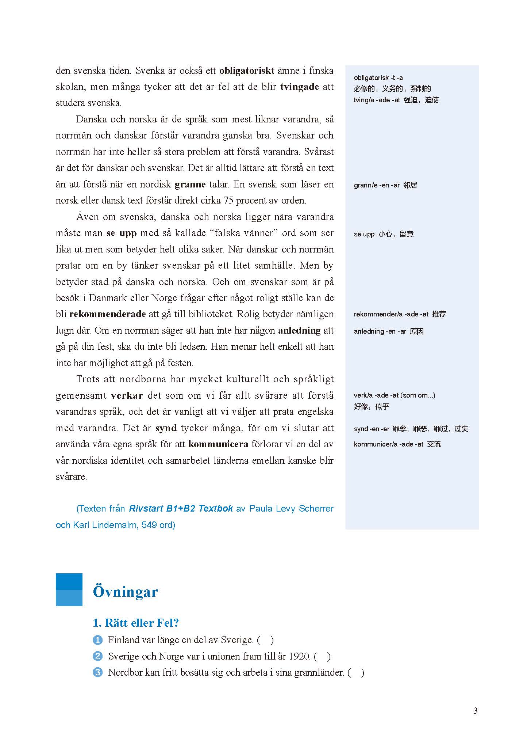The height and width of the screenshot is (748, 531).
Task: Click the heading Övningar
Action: point(125,592)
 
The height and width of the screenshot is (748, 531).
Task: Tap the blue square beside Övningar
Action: point(69,589)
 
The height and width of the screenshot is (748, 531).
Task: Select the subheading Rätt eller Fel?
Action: point(136,623)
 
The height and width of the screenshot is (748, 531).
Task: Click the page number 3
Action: point(475,711)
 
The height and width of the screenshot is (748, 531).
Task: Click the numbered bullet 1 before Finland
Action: point(98,640)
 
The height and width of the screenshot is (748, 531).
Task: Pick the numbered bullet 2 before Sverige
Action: point(98,656)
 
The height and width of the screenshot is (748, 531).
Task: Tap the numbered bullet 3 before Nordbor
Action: point(98,672)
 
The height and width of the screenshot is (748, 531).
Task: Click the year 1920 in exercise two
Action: point(299,656)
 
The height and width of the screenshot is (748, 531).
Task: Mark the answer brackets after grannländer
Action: point(356,672)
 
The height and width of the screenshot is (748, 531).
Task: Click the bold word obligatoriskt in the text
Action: point(247,71)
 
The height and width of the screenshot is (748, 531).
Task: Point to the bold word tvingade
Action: point(300,87)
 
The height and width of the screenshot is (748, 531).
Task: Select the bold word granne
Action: point(190,184)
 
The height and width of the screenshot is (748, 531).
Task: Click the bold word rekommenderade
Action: point(108,314)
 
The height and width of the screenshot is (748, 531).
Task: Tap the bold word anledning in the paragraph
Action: point(299,330)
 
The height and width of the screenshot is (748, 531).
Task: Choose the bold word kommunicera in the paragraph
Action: point(218,444)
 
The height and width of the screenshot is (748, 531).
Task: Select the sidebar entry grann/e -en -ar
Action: point(385,185)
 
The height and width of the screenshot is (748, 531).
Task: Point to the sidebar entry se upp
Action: point(383,234)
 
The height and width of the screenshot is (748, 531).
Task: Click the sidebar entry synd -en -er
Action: point(411,429)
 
